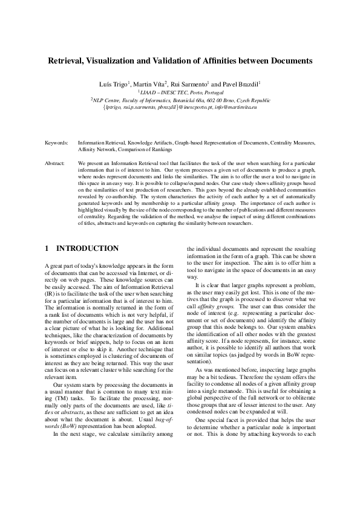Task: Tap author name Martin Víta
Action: pos(149,82)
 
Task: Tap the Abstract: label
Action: pos(56,164)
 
